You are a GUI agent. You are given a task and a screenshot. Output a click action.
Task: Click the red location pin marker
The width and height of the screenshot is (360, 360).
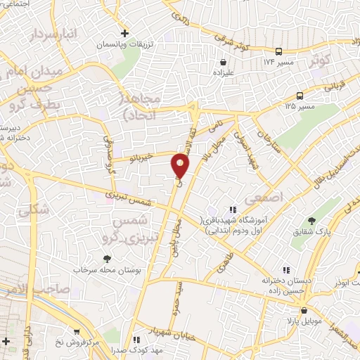coord(181,166)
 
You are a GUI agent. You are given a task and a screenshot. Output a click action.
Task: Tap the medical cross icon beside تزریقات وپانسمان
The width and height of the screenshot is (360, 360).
coord(124,33)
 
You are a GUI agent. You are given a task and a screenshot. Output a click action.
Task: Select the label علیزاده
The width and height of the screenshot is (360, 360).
coord(233,72)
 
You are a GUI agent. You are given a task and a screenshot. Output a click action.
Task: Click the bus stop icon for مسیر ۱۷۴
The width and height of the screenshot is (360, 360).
coord(279,51)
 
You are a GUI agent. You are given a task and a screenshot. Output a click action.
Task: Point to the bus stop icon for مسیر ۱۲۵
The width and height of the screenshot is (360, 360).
coord(300,95)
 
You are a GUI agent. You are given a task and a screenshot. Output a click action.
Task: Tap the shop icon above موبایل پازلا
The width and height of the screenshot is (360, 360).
coord(303,310)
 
